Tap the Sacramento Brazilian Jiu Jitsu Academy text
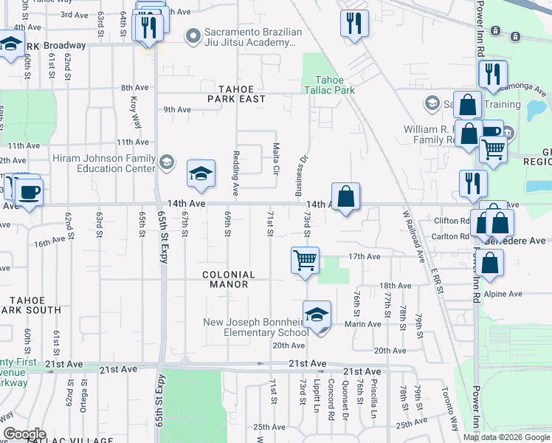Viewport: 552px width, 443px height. pyautogui.click(x=252, y=38)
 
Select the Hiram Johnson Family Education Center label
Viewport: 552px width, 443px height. pyautogui.click(x=103, y=163)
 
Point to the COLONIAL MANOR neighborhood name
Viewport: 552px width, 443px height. pyautogui.click(x=229, y=280)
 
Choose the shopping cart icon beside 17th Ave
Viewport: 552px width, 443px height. pyautogui.click(x=305, y=261)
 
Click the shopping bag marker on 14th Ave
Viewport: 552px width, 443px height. pyautogui.click(x=345, y=197)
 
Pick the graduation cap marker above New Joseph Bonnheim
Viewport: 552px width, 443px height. pyautogui.click(x=316, y=315)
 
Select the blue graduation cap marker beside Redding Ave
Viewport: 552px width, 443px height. pyautogui.click(x=201, y=174)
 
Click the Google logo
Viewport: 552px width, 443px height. pyautogui.click(x=24, y=434)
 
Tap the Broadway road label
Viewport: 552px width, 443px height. pyautogui.click(x=65, y=45)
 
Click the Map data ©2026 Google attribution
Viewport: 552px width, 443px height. pyautogui.click(x=506, y=437)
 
